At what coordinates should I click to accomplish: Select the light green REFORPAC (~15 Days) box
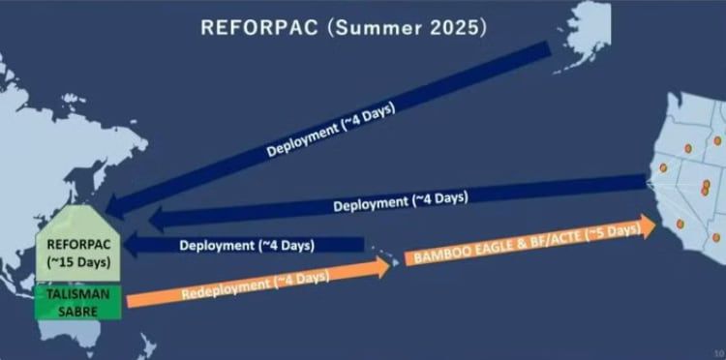tap(78, 251)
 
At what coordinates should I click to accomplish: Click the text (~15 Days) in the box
tap(78, 262)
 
